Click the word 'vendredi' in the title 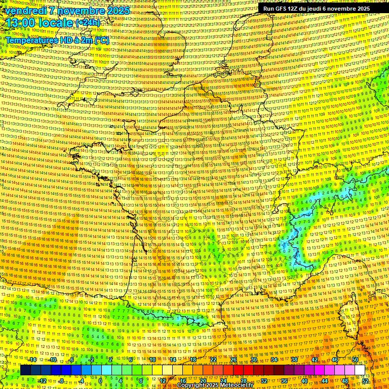25,11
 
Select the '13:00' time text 22,23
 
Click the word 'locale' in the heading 57,23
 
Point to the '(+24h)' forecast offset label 88,23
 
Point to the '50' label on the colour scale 355,360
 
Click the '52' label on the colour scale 365,381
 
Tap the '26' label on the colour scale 234,360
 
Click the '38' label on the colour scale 294,360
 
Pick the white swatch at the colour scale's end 360,370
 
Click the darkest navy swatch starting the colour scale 25,370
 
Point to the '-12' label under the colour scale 42,381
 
